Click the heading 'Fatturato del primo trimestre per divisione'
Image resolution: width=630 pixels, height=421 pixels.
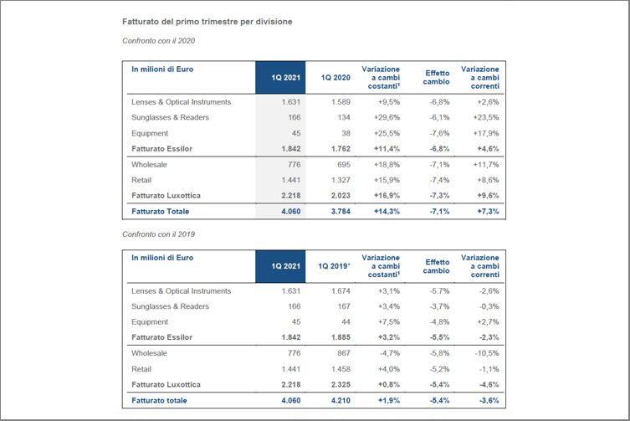click(207, 22)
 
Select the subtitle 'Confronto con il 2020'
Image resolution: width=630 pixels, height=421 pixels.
click(159, 41)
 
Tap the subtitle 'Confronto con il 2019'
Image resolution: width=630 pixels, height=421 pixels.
click(159, 234)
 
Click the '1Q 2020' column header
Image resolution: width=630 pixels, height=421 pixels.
click(335, 78)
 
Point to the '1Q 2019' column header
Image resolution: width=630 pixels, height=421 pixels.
click(335, 266)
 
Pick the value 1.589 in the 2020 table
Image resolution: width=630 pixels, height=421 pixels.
click(341, 102)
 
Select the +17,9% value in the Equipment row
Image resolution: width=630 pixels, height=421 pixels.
click(486, 133)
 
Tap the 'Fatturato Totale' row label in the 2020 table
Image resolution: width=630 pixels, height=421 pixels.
click(161, 212)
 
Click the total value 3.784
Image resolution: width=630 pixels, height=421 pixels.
click(341, 212)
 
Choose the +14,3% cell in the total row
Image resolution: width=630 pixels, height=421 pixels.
click(387, 212)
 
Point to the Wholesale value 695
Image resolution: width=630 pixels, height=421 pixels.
click(344, 164)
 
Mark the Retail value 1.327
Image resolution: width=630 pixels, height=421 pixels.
click(341, 180)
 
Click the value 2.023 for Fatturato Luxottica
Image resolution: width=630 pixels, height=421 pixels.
click(341, 196)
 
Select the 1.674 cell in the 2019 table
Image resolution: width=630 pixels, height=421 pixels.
click(341, 291)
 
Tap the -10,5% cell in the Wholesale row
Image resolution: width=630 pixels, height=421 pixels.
click(487, 353)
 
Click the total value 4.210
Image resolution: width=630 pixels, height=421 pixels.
click(341, 400)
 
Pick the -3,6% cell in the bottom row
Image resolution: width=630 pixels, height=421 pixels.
click(489, 400)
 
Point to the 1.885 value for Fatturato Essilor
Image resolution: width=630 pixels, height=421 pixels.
click(341, 337)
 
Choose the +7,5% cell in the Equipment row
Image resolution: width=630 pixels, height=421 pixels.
click(389, 322)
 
